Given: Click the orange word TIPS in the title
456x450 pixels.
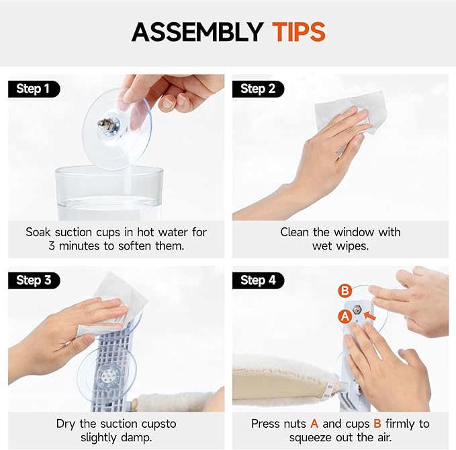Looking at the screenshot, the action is click(x=299, y=32).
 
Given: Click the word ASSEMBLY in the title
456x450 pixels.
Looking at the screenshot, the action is click(x=197, y=32).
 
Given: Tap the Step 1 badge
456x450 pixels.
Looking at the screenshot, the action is click(x=34, y=89).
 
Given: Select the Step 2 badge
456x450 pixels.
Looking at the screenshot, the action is click(x=258, y=89).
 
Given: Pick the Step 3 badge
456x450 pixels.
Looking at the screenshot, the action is click(x=34, y=280).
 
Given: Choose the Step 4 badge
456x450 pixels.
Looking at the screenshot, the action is click(x=258, y=280).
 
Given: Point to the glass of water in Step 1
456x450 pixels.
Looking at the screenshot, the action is click(x=108, y=193).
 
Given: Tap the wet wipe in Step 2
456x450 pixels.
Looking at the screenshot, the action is click(x=350, y=112).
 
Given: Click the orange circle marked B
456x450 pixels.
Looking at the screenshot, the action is click(x=345, y=291).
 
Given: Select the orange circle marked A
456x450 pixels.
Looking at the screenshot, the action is click(x=345, y=316).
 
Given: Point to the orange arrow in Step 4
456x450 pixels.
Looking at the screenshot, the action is click(x=369, y=315).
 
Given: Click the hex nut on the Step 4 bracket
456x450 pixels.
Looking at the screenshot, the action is click(x=357, y=310).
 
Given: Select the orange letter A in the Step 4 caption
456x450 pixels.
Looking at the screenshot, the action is click(x=314, y=424).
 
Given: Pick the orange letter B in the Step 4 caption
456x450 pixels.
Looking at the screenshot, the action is click(x=377, y=424).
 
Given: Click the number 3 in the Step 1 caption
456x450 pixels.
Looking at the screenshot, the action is click(x=52, y=246).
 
